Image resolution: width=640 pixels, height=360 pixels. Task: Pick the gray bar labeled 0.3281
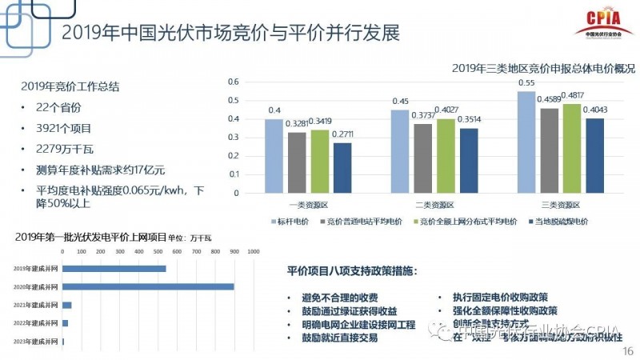(296, 163)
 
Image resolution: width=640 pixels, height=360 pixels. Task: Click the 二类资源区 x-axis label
(434, 204)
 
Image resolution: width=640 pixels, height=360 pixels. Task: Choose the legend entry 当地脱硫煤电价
(560, 222)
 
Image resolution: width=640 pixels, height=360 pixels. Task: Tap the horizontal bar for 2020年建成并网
(148, 286)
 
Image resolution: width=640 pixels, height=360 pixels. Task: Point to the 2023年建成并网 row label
(37, 342)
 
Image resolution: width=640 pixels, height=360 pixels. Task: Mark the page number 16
(626, 350)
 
